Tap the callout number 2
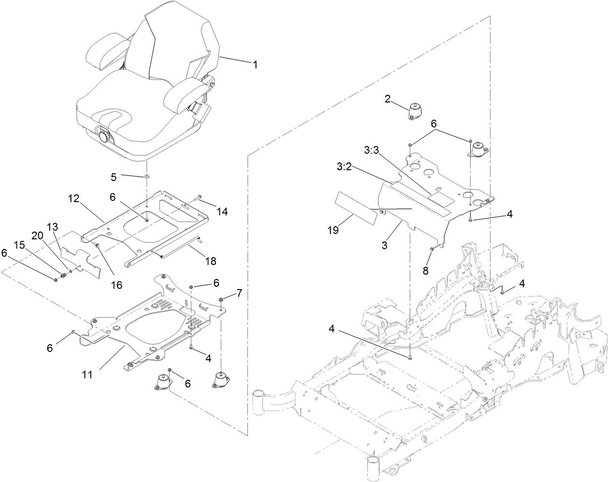[x=388, y=99]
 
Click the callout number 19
[x=333, y=230]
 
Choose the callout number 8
[x=425, y=271]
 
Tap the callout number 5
[x=114, y=177]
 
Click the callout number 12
[x=73, y=198]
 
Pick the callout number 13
[x=52, y=227]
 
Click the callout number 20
[x=37, y=235]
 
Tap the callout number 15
[x=20, y=246]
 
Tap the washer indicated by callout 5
[x=145, y=177]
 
